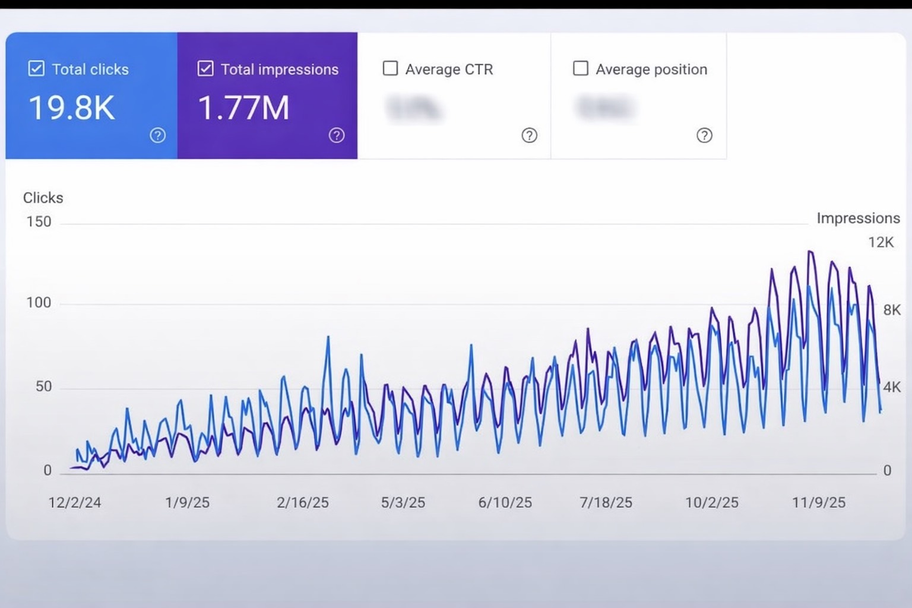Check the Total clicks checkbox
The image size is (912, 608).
[x=36, y=69]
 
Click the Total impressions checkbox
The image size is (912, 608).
[x=205, y=69]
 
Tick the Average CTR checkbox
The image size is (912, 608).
[x=390, y=68]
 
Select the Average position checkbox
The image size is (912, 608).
[x=580, y=68]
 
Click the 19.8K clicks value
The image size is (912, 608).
[x=71, y=108]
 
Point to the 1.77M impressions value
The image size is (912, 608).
[x=243, y=108]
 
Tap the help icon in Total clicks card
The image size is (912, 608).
[x=157, y=135]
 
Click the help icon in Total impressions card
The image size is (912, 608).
[x=337, y=135]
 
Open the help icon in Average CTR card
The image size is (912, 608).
[x=529, y=135]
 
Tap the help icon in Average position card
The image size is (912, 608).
[x=704, y=135]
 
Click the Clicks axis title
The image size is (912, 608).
[x=43, y=198]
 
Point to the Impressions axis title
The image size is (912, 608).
[x=858, y=218]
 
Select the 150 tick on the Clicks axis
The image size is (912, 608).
[x=39, y=222]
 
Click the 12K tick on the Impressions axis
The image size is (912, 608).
[x=881, y=242]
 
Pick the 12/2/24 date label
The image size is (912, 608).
[x=74, y=502]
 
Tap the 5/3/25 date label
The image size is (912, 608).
[x=403, y=502]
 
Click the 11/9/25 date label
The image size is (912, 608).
[x=818, y=502]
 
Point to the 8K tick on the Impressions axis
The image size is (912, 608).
[x=892, y=310]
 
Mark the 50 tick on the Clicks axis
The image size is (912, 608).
[x=43, y=387]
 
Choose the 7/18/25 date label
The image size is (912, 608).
[x=606, y=502]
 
